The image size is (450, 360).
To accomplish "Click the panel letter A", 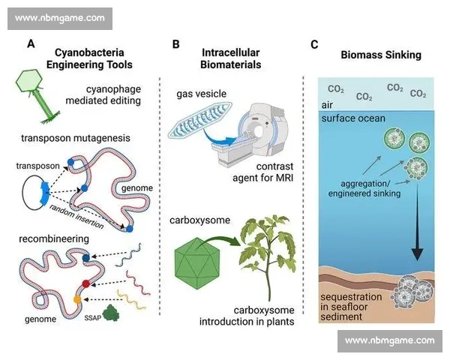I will pos(31,44).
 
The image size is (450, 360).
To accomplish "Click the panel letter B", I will pos(175,44).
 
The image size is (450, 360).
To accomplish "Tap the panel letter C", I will pos(314,44).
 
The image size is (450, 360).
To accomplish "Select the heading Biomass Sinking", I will pos(380,55).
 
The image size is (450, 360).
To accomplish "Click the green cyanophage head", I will pos(36,82).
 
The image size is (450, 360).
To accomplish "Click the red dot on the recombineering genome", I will pos(87,284).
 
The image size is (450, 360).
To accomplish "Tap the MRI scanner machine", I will pos(256,133).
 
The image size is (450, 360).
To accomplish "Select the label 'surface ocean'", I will pos(353,118).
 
